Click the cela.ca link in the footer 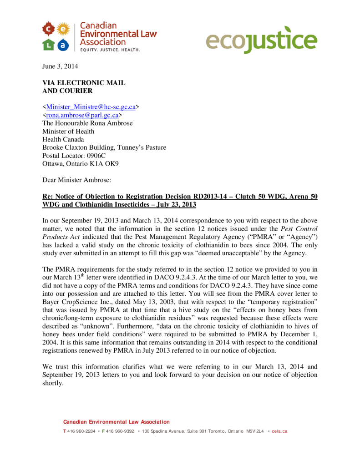pyautogui.click(x=279, y=431)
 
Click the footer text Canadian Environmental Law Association pyautogui.click(x=116, y=422)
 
